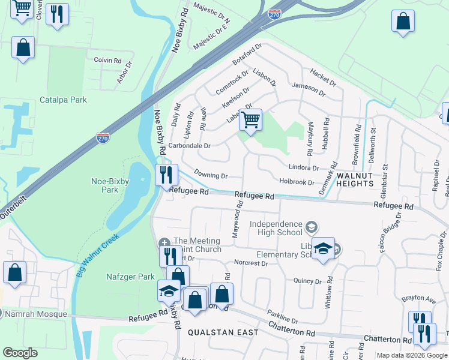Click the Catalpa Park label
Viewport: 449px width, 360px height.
coord(63,100)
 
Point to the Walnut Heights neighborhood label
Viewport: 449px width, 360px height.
coord(359,180)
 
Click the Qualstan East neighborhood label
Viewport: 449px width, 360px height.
coord(223,332)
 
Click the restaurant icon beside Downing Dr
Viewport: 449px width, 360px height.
coord(166,175)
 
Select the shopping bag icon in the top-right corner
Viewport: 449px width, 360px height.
coord(403,21)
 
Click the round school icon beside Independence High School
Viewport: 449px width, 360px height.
coord(311,227)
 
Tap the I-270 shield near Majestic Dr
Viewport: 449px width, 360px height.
coord(275,14)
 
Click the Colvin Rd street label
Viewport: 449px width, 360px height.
coord(108,61)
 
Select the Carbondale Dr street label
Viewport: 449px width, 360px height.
coord(189,146)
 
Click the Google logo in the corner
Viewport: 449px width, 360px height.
coord(20,353)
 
